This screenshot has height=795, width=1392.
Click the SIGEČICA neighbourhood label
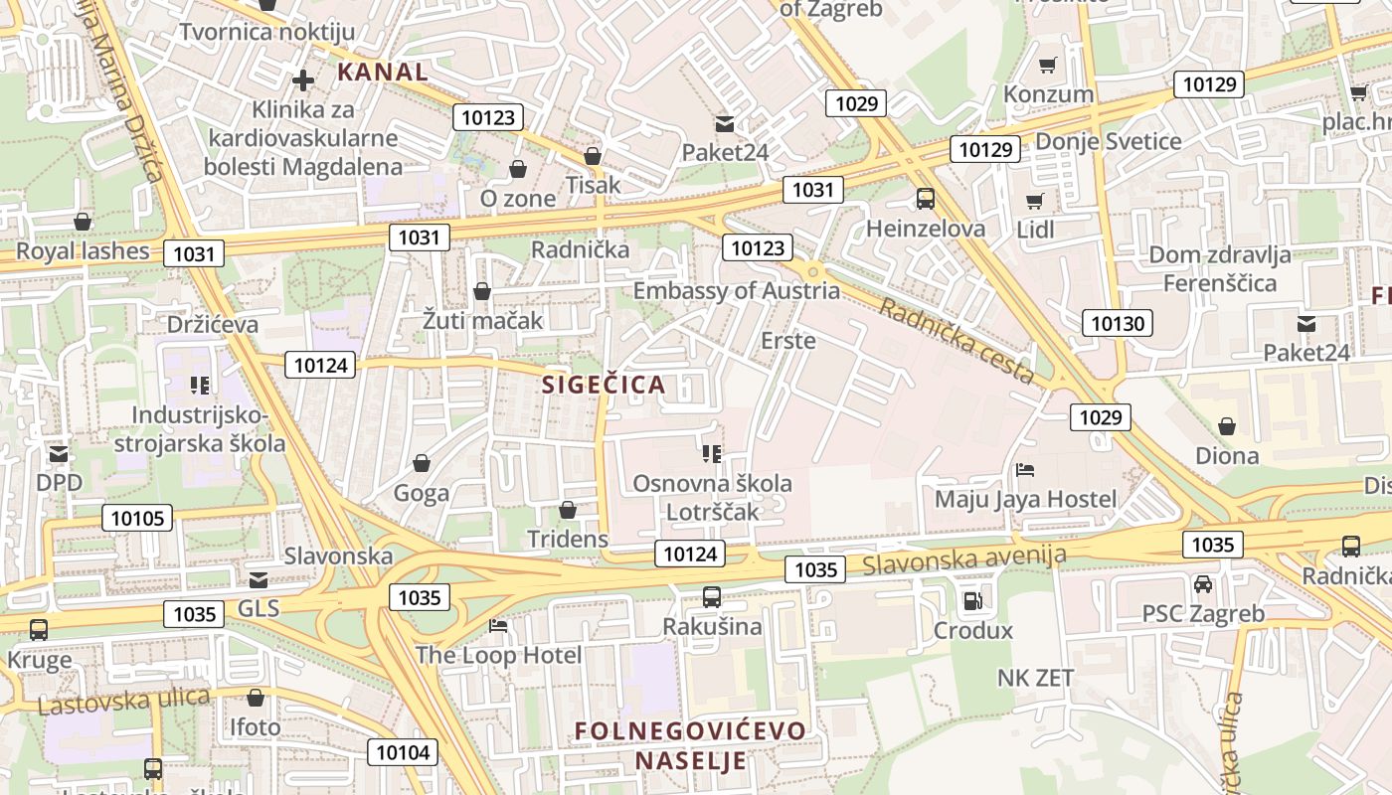pyautogui.click(x=604, y=385)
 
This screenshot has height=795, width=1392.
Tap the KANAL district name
pyautogui.click(x=383, y=72)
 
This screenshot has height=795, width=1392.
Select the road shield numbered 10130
pyautogui.click(x=1118, y=322)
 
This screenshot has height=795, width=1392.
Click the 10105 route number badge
pyautogui.click(x=137, y=518)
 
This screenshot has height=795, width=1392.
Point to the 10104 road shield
pyautogui.click(x=403, y=752)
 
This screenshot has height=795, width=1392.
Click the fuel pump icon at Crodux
pyautogui.click(x=972, y=600)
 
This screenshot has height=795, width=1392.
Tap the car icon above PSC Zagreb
pyautogui.click(x=1203, y=583)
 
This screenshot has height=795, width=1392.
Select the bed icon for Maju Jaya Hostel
pyautogui.click(x=1025, y=469)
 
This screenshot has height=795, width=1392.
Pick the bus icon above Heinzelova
pyautogui.click(x=926, y=198)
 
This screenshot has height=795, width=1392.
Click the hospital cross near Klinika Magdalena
pyautogui.click(x=303, y=79)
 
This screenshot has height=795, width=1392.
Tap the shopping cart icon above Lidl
pyautogui.click(x=1035, y=200)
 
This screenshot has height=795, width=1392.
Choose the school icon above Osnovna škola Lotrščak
pyautogui.click(x=712, y=454)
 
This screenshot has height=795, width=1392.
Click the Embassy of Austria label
pyautogui.click(x=736, y=291)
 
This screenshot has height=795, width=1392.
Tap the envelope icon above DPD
pyautogui.click(x=60, y=454)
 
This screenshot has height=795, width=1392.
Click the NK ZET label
pyautogui.click(x=1036, y=678)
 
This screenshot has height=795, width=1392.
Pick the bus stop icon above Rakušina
pyautogui.click(x=712, y=597)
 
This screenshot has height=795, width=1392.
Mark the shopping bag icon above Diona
pyautogui.click(x=1227, y=426)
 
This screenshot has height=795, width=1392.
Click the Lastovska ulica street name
pyautogui.click(x=124, y=701)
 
